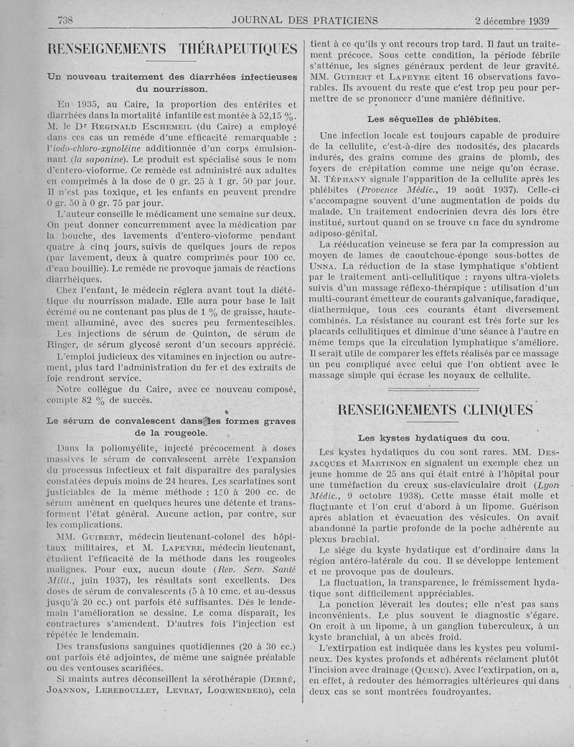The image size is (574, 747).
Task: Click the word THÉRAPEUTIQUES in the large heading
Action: coord(237,49)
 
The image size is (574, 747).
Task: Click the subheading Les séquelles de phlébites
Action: coord(433,118)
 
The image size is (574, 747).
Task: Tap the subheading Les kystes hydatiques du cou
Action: coord(433,438)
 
